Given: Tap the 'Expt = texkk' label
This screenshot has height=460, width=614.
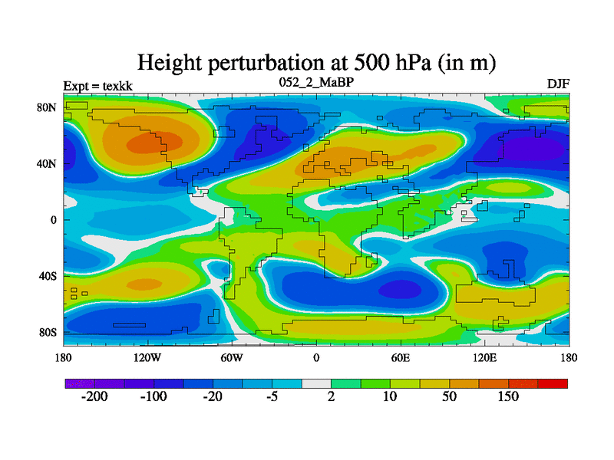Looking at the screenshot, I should point(97,85).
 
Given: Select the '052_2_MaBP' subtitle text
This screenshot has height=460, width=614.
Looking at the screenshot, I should point(315,81).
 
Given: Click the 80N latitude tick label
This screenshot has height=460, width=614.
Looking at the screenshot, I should point(48,107).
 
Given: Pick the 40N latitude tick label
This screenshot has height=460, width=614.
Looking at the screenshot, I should point(48,163).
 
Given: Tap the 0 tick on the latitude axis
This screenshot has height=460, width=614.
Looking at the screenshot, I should point(54,220).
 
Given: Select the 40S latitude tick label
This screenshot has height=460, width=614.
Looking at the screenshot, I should point(48,276).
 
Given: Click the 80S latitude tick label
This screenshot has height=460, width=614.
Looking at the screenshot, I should point(48,332).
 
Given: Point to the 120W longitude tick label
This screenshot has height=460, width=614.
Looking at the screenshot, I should point(147,357).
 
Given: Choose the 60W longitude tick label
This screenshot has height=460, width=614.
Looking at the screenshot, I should point(232,357).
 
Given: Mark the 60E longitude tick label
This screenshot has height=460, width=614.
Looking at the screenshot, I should point(400,357).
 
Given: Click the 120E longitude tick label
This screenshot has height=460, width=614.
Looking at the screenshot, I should point(484,357).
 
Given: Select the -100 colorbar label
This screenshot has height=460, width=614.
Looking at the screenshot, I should point(153,397).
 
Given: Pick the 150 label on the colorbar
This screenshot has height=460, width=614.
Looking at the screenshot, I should point(508,397).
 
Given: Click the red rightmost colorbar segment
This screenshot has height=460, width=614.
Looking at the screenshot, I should point(553,383).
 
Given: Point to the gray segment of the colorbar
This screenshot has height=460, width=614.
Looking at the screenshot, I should point(316,383).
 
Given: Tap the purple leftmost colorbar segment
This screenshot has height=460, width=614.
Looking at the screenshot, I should point(79,383).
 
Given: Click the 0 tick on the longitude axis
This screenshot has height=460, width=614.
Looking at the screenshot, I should point(316,357).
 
